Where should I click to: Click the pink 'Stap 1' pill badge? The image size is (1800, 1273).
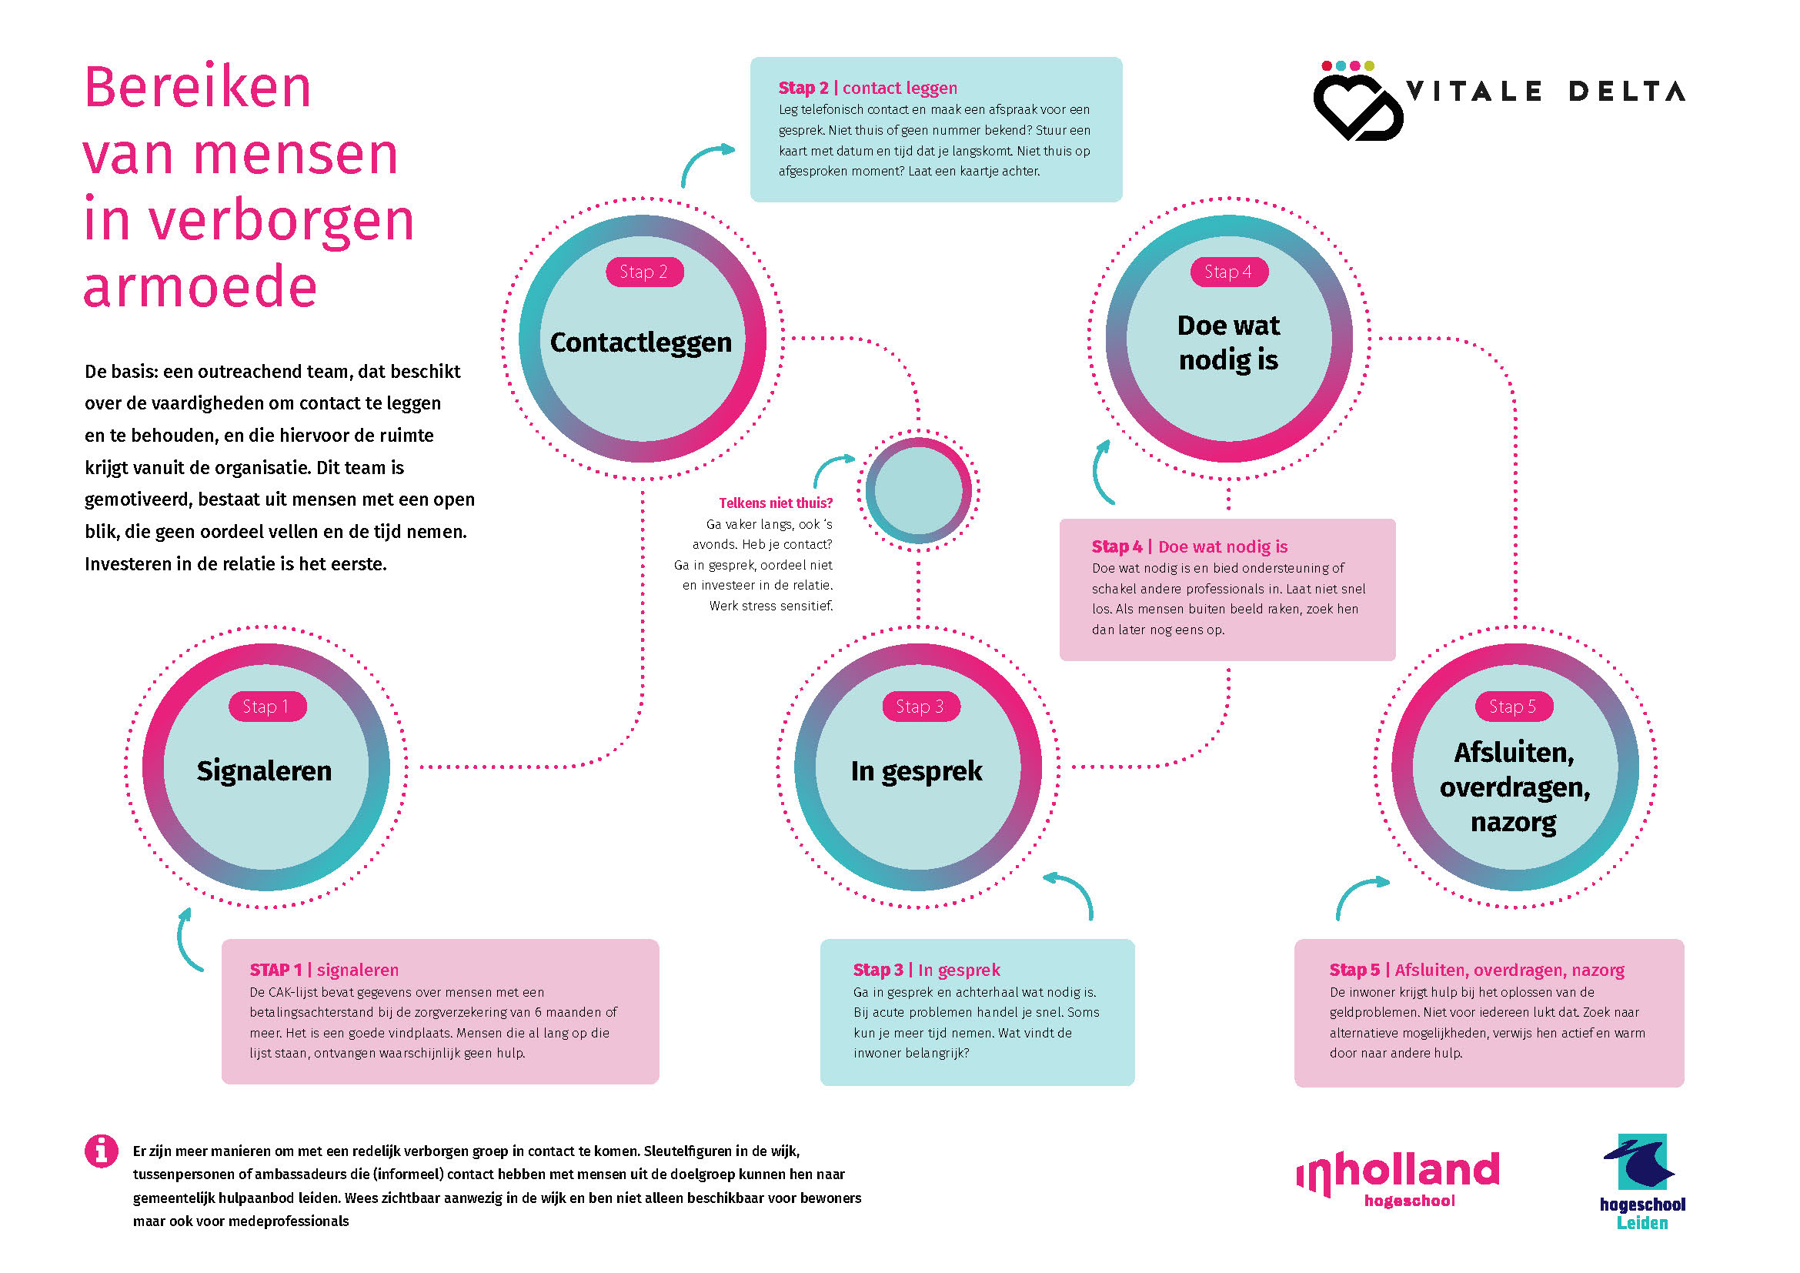(x=267, y=707)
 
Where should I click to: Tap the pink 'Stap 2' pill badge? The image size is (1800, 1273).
(x=644, y=272)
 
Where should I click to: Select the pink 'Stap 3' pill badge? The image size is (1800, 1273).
(x=921, y=707)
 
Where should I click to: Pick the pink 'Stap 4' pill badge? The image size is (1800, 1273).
(x=1229, y=272)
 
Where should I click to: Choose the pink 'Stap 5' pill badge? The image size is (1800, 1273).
(x=1514, y=707)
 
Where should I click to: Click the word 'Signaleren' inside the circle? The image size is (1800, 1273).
(x=264, y=771)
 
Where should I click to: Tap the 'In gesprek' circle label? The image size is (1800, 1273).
(x=917, y=771)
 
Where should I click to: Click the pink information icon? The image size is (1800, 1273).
(x=101, y=1151)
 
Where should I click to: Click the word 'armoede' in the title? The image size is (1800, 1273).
(x=200, y=287)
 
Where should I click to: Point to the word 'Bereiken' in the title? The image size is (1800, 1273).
(x=198, y=86)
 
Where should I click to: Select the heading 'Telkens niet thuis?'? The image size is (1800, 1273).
(x=776, y=503)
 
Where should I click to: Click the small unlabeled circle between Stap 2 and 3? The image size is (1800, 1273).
(x=918, y=491)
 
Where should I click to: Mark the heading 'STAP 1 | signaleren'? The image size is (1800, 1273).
(x=324, y=971)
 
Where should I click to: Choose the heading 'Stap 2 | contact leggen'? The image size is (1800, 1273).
(x=868, y=88)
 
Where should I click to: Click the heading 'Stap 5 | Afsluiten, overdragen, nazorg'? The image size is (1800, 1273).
(x=1476, y=971)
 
